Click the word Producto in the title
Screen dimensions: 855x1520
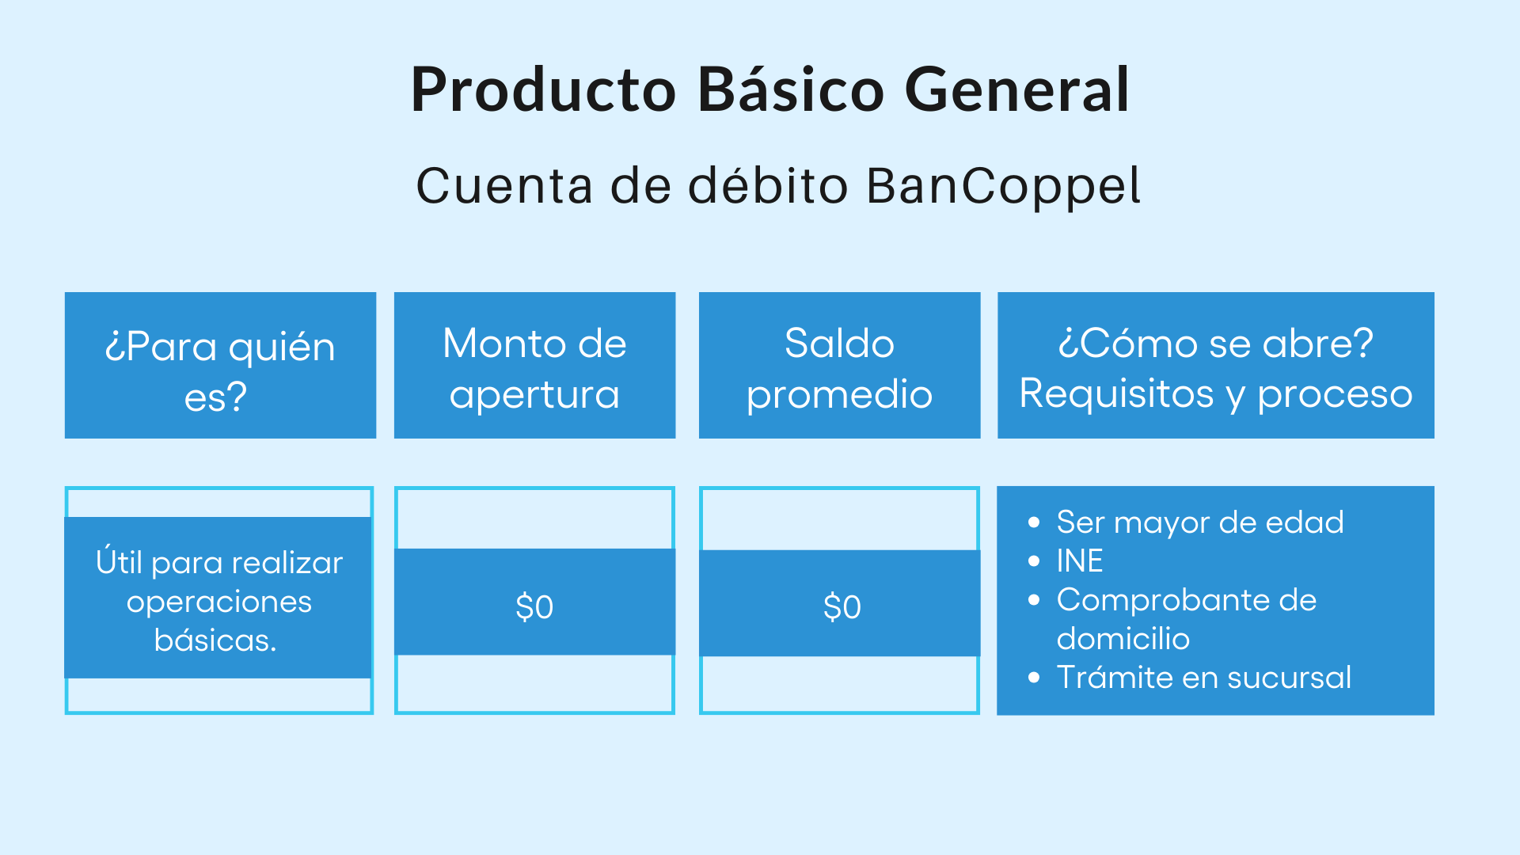click(x=543, y=90)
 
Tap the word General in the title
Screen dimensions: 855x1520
click(x=1016, y=90)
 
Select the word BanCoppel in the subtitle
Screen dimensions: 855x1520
click(x=1002, y=187)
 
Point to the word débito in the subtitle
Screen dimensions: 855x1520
click(x=768, y=187)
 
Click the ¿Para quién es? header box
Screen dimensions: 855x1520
click(x=220, y=366)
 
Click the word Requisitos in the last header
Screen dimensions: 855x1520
click(x=1116, y=393)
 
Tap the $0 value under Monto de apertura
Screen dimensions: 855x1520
click(x=534, y=607)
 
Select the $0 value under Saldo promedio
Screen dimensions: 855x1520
click(x=842, y=607)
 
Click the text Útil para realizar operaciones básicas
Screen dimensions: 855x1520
click(x=218, y=601)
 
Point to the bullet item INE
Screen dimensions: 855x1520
click(x=1080, y=561)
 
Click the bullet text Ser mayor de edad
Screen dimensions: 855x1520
click(x=1199, y=522)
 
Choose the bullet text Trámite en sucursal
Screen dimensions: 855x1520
click(x=1203, y=678)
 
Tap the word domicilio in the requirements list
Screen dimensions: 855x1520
click(x=1123, y=639)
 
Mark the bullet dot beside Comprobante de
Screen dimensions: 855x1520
click(x=1034, y=600)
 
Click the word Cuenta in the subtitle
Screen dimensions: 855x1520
click(x=504, y=187)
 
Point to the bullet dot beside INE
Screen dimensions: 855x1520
click(x=1034, y=561)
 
